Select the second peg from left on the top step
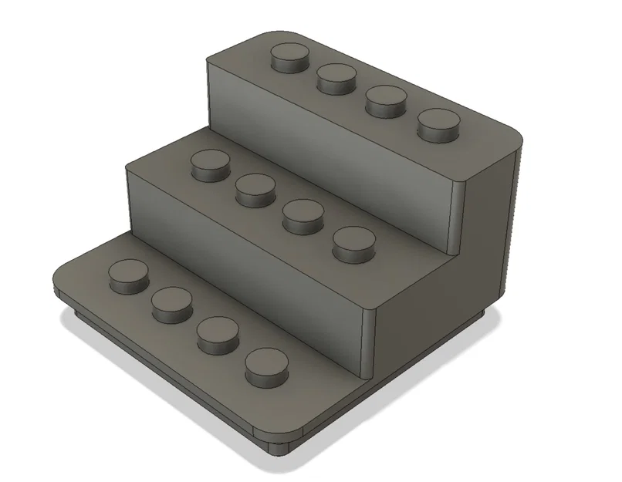pyautogui.click(x=336, y=78)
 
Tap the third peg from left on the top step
pyautogui.click(x=386, y=101)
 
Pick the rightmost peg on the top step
pyautogui.click(x=438, y=124)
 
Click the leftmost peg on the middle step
pyautogui.click(x=210, y=165)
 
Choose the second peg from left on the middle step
pyautogui.click(x=256, y=189)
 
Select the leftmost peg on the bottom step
pyautogui.click(x=127, y=275)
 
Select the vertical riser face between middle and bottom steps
pyautogui.click(x=247, y=262)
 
